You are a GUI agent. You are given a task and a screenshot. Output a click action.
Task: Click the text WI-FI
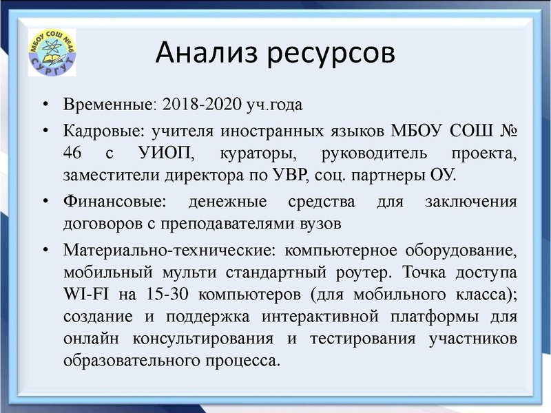click(x=83, y=294)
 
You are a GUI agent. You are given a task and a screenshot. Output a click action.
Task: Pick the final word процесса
click(x=245, y=360)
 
